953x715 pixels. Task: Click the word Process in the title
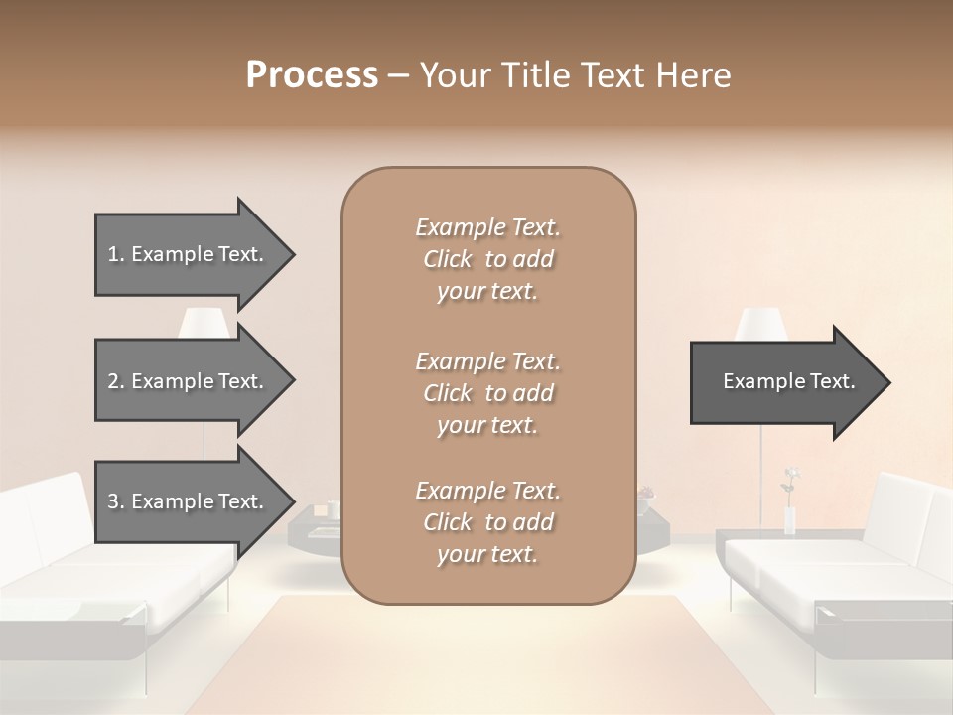tap(312, 75)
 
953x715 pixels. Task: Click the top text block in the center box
tap(487, 259)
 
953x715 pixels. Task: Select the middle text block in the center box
tap(487, 392)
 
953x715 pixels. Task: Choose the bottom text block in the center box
tap(487, 522)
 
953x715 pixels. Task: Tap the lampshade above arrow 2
tap(204, 323)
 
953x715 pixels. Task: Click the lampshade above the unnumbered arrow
tap(761, 323)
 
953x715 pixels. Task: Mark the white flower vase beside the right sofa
tap(790, 520)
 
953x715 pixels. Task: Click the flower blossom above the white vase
tap(791, 476)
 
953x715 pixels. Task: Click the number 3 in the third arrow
tap(113, 501)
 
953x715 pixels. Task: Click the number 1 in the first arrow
tap(113, 254)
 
